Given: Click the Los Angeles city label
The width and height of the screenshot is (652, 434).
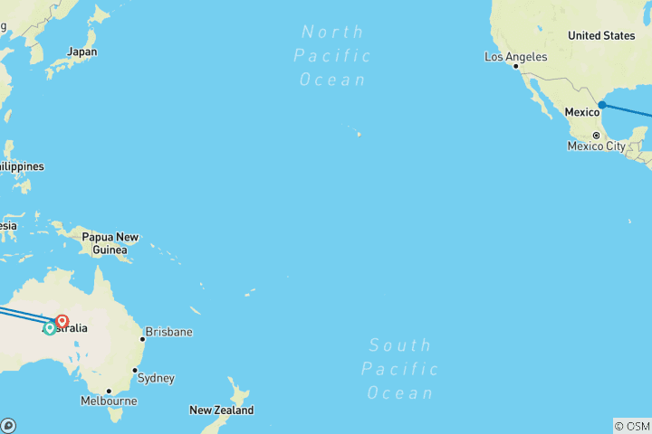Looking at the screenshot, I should pyautogui.click(x=516, y=57).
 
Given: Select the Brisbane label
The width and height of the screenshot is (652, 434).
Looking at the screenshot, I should pyautogui.click(x=168, y=332).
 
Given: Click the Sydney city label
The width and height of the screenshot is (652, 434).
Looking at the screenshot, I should pyautogui.click(x=156, y=378).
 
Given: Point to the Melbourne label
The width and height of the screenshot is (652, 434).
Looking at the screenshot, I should pyautogui.click(x=109, y=401).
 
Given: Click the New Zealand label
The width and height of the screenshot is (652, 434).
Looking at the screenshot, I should pyautogui.click(x=221, y=410).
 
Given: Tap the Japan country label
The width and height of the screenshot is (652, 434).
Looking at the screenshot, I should pyautogui.click(x=81, y=52).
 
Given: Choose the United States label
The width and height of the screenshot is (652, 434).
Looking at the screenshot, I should pyautogui.click(x=601, y=35).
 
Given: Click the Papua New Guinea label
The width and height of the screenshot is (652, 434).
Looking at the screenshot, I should pyautogui.click(x=110, y=243).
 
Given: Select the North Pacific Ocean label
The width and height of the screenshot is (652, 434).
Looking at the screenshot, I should pyautogui.click(x=332, y=56).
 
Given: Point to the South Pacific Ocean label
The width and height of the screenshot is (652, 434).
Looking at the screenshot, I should pyautogui.click(x=400, y=369).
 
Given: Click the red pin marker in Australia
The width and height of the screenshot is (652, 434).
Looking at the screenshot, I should pyautogui.click(x=62, y=321).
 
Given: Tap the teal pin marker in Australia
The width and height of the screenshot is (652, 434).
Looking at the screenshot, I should pyautogui.click(x=50, y=328).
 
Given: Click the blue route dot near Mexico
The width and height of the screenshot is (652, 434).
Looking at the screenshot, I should pyautogui.click(x=601, y=105).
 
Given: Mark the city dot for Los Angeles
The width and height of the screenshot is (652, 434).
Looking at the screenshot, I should pyautogui.click(x=516, y=66).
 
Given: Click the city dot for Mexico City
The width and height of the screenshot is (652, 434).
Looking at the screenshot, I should pyautogui.click(x=596, y=136).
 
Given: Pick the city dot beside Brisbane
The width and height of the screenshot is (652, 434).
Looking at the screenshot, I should pyautogui.click(x=142, y=340).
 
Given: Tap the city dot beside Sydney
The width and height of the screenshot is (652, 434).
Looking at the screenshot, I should pyautogui.click(x=135, y=371).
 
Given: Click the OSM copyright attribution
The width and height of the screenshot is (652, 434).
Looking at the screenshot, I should pyautogui.click(x=631, y=426).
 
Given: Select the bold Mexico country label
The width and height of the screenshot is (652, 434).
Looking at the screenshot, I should pyautogui.click(x=582, y=112).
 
